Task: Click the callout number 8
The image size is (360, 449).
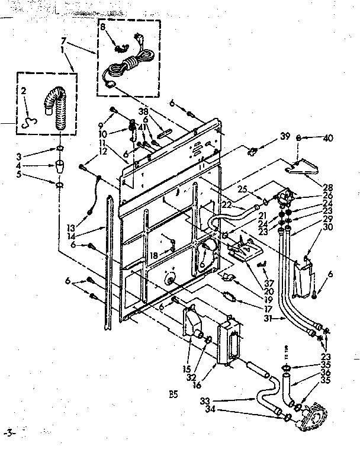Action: pyautogui.click(x=102, y=27)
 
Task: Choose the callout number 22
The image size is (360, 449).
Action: pyautogui.click(x=226, y=205)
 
